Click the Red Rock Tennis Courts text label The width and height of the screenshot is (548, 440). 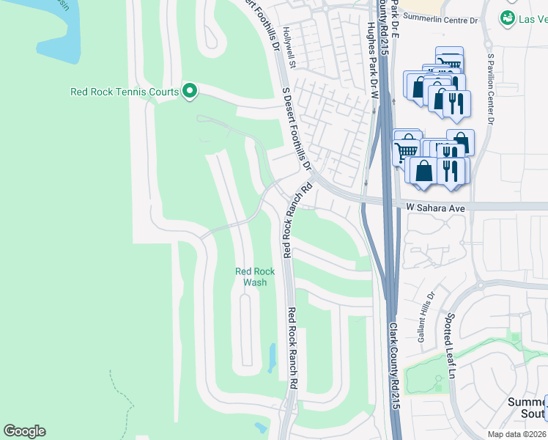(x=125, y=92)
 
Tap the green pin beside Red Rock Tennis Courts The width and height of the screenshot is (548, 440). (x=190, y=92)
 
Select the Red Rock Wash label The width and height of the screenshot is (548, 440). (x=255, y=276)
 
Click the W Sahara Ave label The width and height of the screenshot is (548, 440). (x=436, y=208)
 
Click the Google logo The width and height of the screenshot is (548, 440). (x=24, y=431)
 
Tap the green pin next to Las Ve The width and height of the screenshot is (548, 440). (x=507, y=17)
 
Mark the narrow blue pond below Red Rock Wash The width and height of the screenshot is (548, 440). (x=272, y=357)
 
